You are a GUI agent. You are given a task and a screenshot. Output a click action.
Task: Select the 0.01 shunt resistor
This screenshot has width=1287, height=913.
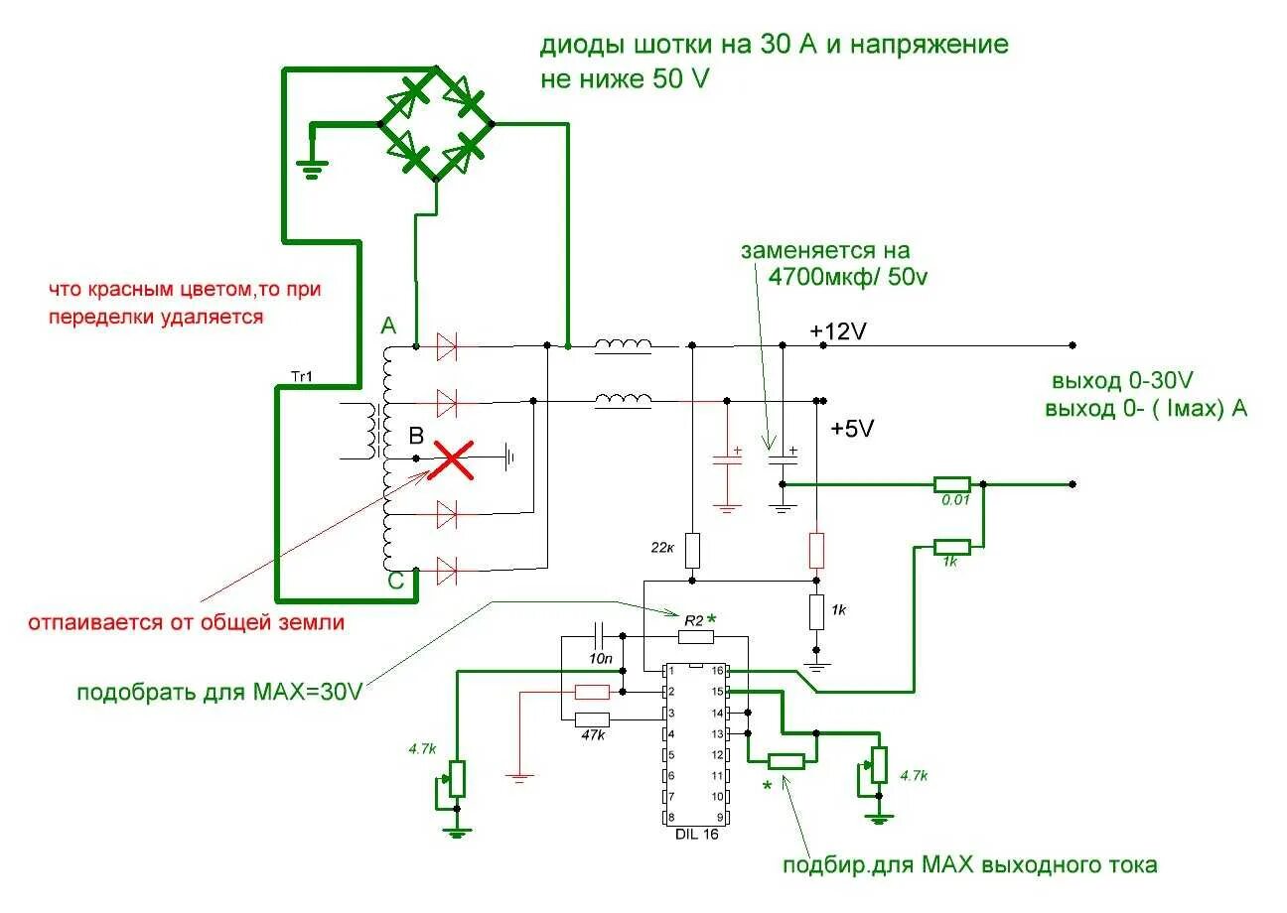[952, 484]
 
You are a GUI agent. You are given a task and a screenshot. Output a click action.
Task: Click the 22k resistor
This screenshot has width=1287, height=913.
[693, 549]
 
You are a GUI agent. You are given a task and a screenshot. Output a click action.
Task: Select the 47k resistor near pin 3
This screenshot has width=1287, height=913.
[593, 719]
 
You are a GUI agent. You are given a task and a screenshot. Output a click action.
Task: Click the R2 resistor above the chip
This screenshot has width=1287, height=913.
[696, 636]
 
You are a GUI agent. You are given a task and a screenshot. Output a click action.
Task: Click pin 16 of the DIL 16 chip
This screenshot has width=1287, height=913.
[717, 671]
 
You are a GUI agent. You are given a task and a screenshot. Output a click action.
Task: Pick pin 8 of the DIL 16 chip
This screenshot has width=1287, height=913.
[673, 817]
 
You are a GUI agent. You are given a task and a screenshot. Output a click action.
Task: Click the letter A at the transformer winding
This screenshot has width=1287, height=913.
[387, 326]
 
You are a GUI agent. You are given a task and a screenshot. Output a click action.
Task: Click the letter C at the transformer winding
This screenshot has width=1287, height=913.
[395, 584]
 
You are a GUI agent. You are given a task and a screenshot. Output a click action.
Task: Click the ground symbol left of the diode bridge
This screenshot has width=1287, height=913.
[313, 169]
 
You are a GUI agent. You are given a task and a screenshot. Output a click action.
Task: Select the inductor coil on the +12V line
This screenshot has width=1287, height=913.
[623, 346]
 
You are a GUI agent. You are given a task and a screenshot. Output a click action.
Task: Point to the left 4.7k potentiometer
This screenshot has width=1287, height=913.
[457, 777]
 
